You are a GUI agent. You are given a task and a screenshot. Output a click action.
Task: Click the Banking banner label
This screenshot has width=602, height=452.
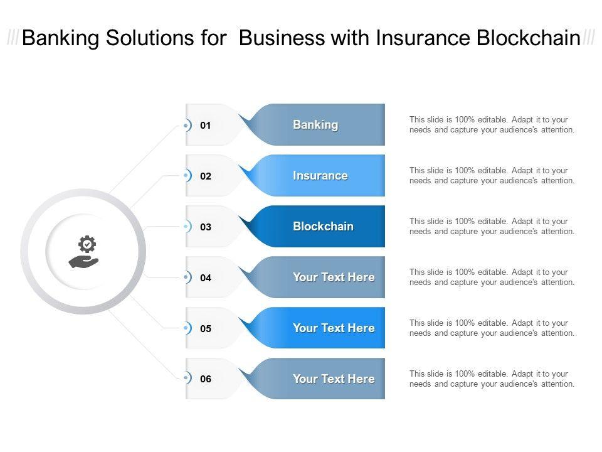pos(315,125)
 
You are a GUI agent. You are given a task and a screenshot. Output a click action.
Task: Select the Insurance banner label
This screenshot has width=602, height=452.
pos(320,176)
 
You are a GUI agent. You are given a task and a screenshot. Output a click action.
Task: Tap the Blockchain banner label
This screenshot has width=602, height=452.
pos(323,227)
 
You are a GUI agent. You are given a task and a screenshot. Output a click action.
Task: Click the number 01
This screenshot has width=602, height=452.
pos(206,126)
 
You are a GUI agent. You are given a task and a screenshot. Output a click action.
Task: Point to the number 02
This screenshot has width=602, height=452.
pos(206,176)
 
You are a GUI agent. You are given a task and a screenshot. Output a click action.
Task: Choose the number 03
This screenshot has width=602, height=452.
pos(206,227)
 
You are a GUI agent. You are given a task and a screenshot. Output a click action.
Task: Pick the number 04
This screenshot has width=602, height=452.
pos(206,277)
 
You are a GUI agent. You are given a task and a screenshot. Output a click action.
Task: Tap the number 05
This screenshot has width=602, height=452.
pos(206,328)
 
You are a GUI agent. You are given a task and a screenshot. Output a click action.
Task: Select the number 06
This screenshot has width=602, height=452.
pos(206,379)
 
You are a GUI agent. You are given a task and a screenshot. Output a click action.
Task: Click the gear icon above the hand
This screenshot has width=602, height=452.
pos(87,244)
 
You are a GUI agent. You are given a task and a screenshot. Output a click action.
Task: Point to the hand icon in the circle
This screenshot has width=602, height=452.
pos(83,261)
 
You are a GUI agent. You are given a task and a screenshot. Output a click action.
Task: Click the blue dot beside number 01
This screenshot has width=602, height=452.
pos(186,126)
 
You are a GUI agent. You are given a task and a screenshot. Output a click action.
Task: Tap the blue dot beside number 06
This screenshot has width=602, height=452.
pos(186,379)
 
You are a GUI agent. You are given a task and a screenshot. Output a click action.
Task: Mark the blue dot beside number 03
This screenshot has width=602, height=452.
pos(186,227)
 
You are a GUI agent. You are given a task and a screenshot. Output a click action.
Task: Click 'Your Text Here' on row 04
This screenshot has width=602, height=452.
pos(334,277)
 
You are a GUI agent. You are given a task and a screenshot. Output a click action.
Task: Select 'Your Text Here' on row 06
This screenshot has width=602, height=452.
pos(334,379)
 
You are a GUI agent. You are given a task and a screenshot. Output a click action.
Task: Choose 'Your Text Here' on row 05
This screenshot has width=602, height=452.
pos(334,328)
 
